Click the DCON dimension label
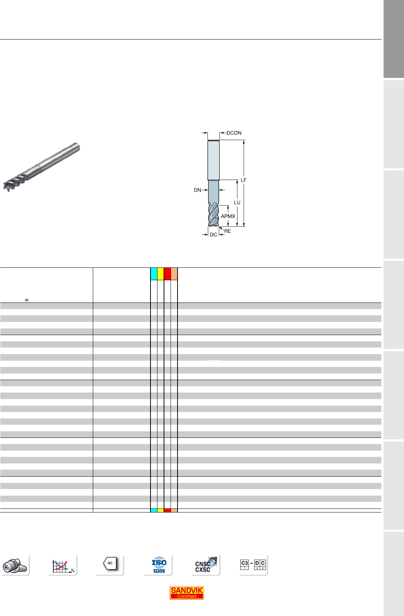pos(234,133)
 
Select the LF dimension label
pos(244,180)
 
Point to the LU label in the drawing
pos(237,202)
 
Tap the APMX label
pos(228,216)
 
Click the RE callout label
pos(228,231)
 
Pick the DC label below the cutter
pos(213,234)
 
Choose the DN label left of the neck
pos(198,190)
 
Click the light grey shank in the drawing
pos(213,160)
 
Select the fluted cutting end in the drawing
pos(213,214)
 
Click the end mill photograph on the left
pos(41,167)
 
